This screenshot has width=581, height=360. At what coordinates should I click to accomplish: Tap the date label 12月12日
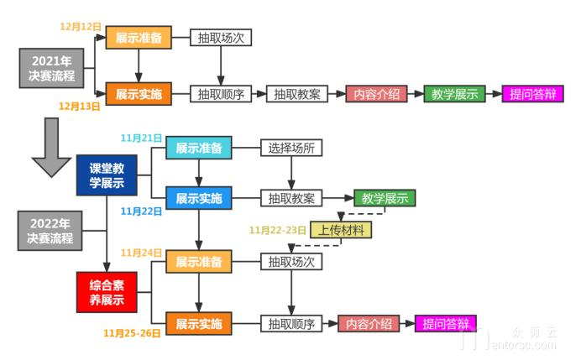pos(81,27)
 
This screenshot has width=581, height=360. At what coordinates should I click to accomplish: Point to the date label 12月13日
pos(80,107)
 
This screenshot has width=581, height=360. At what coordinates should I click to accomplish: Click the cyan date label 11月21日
pos(140,138)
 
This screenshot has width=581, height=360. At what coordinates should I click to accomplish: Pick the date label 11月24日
pos(140,252)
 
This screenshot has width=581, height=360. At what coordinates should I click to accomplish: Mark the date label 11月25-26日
pos(133,332)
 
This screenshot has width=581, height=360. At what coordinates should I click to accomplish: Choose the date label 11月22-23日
pos(278,230)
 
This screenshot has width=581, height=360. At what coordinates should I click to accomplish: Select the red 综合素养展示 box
pos(107,290)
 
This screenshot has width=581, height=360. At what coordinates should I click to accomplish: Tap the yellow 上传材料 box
pos(341,230)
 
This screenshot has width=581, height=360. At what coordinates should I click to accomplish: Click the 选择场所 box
pos(290,149)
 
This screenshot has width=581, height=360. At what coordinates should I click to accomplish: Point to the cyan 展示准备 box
pos(198,149)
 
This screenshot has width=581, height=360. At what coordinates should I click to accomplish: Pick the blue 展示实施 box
pos(198,199)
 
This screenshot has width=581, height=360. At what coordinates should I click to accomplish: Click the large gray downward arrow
pos(52,148)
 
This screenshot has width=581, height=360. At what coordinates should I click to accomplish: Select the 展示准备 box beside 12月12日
pos(138,39)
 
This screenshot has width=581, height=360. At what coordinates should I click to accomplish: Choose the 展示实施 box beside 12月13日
pos(138,94)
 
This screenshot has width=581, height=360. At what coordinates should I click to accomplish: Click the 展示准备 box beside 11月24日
pos(198,262)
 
